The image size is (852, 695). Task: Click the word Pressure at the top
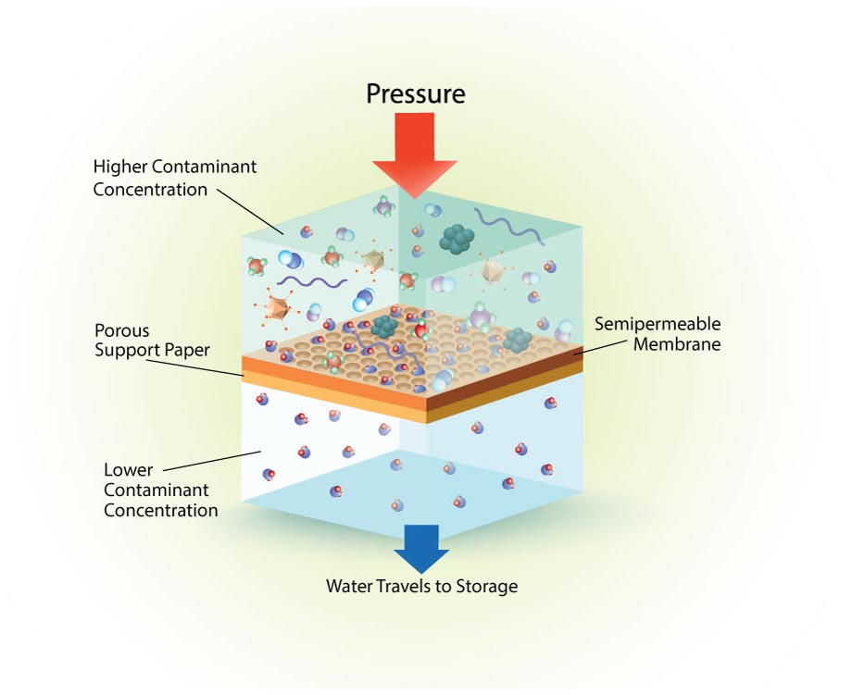[x=415, y=93]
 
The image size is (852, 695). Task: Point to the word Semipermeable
[x=657, y=325]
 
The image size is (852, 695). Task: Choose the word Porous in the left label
[x=121, y=330]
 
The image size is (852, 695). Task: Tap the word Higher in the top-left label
[x=119, y=168]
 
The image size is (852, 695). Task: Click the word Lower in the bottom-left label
[x=129, y=470]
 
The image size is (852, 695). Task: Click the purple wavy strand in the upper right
[x=506, y=223]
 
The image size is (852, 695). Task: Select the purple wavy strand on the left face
[x=311, y=281]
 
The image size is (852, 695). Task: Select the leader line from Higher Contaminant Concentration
[x=250, y=211]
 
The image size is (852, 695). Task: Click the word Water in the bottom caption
[x=348, y=586]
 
